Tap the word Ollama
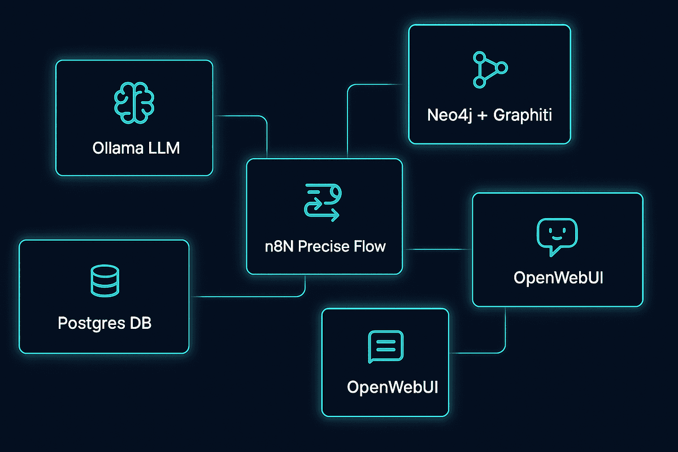(x=116, y=149)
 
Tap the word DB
(x=140, y=324)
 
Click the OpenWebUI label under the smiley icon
(x=558, y=278)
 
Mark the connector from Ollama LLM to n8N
(x=249, y=116)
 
